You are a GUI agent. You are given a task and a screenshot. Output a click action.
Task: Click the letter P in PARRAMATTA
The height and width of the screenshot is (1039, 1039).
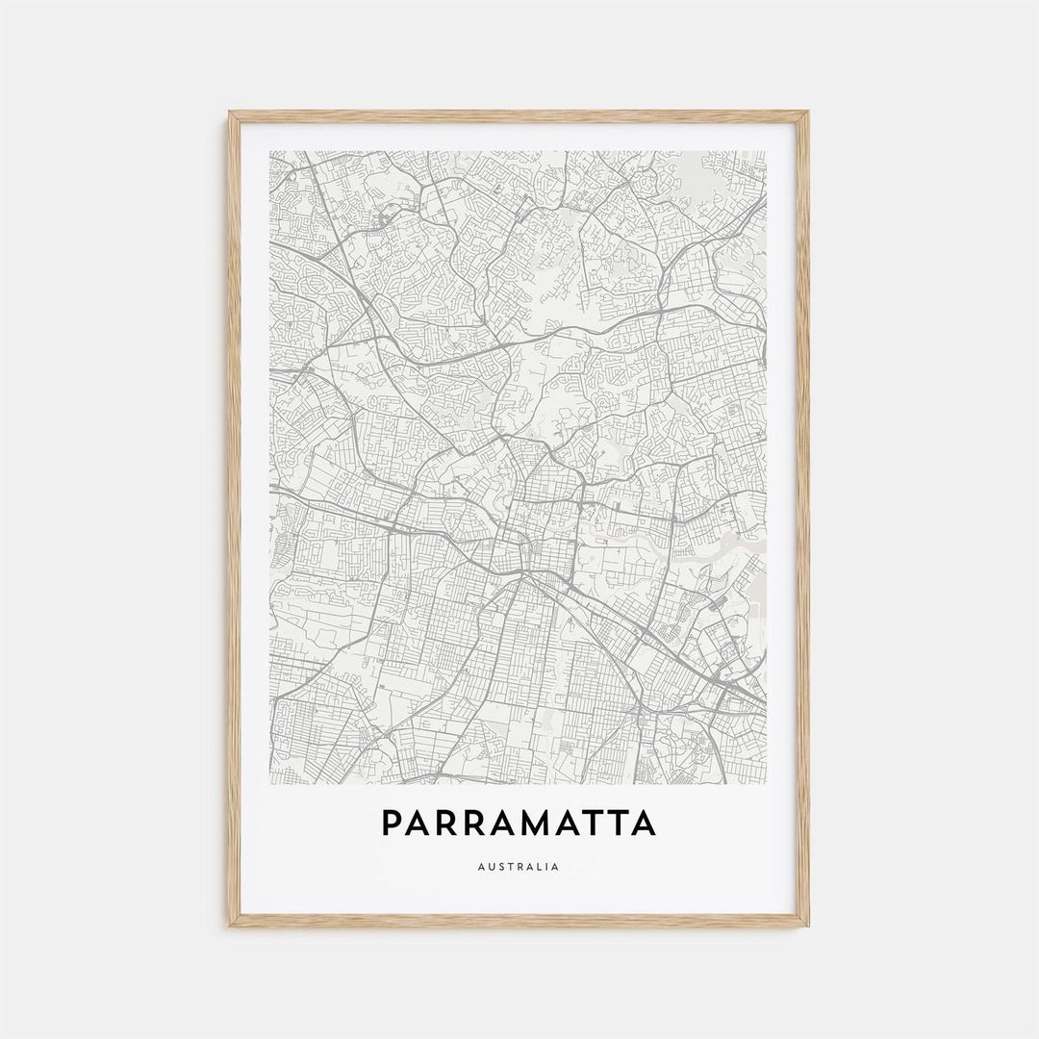click(393, 824)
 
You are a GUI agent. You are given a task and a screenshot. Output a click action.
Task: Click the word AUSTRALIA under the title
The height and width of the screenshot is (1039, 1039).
click(519, 867)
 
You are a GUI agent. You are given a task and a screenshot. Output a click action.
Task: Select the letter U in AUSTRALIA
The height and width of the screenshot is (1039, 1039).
click(490, 867)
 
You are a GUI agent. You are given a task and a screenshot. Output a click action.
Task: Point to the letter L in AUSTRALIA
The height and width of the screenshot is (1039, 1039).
click(538, 867)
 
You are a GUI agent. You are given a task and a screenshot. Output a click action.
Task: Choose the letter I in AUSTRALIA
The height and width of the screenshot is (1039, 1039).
click(546, 867)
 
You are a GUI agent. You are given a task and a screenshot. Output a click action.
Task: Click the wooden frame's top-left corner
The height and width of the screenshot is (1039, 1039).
click(230, 113)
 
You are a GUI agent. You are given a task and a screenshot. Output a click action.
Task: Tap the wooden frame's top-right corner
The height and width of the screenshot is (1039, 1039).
click(808, 113)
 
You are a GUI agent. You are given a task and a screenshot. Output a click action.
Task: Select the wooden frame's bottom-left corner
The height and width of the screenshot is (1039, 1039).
click(230, 925)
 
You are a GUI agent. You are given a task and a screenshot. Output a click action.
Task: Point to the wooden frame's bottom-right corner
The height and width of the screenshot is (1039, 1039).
click(808, 925)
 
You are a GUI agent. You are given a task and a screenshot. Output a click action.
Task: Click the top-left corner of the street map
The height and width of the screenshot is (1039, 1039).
click(270, 151)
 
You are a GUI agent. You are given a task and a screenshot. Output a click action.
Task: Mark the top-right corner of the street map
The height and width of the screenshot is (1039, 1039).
click(766, 151)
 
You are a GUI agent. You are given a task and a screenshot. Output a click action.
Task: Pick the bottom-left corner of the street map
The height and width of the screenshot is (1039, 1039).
click(270, 783)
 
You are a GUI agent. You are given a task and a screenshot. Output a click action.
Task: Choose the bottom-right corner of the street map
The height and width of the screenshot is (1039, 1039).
click(766, 783)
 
